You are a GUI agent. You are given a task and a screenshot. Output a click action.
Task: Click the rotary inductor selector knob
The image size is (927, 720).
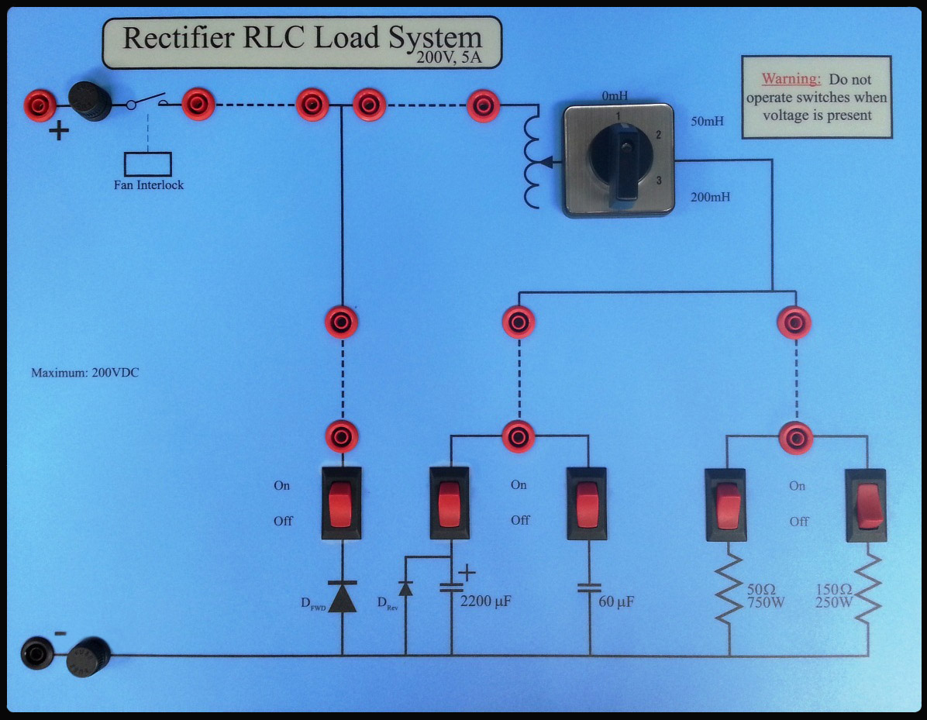pos(619,160)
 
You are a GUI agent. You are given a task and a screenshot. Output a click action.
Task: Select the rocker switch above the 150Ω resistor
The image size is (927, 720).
pos(866,504)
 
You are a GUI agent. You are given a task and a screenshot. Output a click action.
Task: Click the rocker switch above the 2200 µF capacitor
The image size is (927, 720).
pos(450,502)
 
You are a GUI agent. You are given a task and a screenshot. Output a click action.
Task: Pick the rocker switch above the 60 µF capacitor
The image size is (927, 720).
pos(587,502)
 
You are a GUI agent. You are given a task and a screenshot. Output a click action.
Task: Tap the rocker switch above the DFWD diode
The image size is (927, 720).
pos(342,502)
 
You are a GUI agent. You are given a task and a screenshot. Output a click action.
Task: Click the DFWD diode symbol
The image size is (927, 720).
pos(342,597)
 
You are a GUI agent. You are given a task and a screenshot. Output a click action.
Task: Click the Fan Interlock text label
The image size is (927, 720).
pos(148,185)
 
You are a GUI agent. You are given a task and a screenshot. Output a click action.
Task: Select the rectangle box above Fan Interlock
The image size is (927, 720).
pos(148,164)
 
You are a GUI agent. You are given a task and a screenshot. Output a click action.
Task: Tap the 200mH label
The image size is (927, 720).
pos(710,197)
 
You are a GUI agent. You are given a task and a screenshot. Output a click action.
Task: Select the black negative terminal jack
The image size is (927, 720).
pos(37,653)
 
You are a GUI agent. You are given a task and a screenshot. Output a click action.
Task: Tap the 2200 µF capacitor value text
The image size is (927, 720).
pos(485,601)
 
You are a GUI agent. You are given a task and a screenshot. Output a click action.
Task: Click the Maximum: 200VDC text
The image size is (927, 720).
pos(84,373)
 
